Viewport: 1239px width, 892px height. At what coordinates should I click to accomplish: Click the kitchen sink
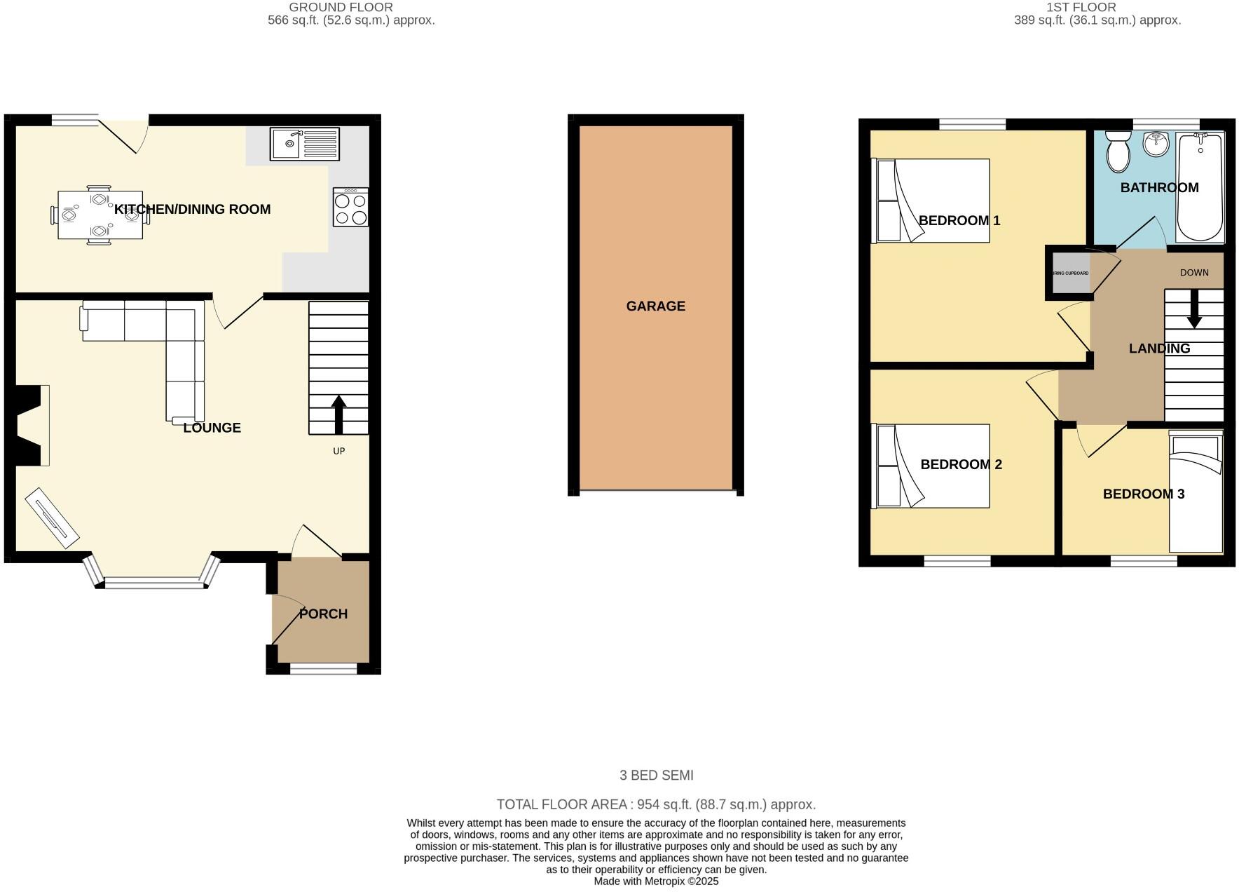coord(305,144)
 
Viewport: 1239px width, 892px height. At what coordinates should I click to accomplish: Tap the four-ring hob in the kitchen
coord(350,208)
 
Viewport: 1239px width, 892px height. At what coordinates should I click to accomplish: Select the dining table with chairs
coord(100,215)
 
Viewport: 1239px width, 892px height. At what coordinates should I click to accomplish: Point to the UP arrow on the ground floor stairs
coord(338,414)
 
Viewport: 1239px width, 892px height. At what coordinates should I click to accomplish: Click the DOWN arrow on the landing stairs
coord(1194,309)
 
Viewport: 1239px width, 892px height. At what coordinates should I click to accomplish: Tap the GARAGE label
coord(655,306)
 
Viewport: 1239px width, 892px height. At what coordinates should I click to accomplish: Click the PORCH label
coord(323,614)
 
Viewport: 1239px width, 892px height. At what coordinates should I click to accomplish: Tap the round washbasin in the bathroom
coord(1156,145)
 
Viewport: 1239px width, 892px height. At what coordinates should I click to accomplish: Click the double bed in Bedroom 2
coord(932,466)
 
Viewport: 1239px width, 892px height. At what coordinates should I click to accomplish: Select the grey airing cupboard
coord(1071,273)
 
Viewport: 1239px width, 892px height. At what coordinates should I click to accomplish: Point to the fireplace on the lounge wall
coord(32,425)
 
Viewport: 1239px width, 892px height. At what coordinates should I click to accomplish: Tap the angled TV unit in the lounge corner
coord(52,518)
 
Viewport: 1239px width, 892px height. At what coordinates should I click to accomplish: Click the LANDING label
coord(1159,349)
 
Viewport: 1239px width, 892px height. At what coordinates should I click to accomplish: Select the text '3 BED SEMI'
coord(656,775)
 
